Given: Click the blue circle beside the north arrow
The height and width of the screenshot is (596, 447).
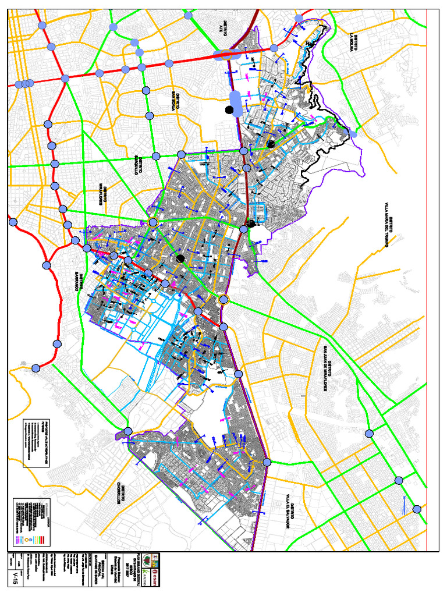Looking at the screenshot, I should [417, 509].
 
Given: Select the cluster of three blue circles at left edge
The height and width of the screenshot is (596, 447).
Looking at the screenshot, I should [24, 84].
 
